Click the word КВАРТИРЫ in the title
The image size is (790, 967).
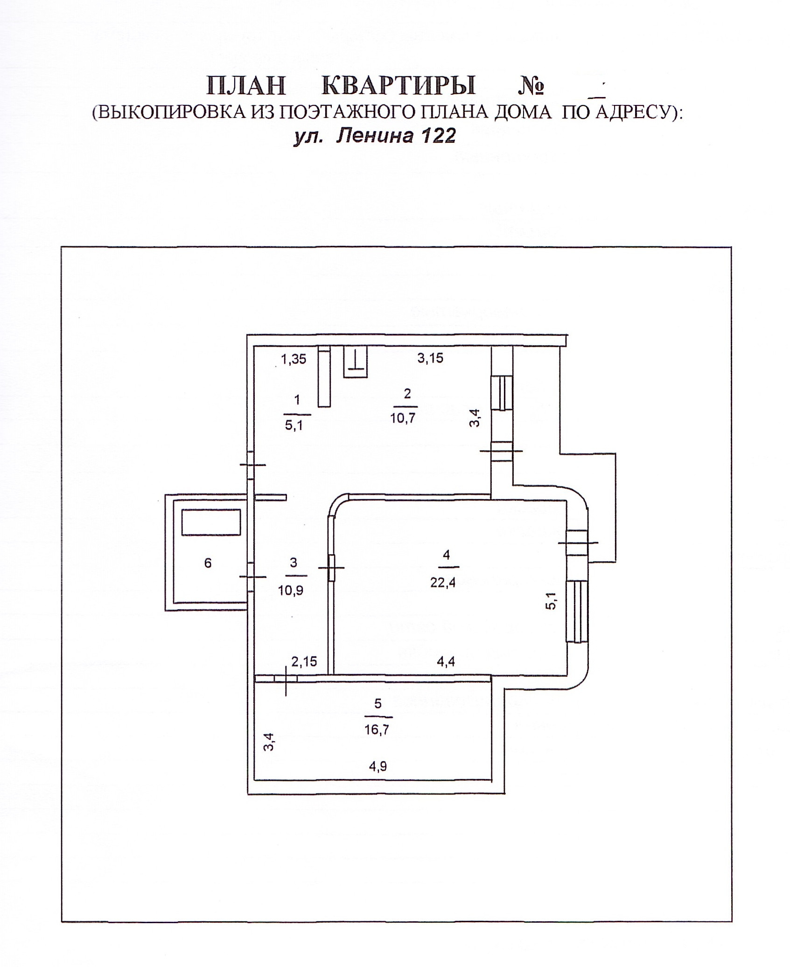coord(399,86)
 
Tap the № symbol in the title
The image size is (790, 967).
coord(531,87)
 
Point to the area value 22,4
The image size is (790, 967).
coord(443,583)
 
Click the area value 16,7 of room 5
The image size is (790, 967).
coord(377,730)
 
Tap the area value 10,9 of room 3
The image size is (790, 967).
coord(291,591)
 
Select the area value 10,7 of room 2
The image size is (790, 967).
coord(403,417)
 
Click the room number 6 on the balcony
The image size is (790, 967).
coord(208,563)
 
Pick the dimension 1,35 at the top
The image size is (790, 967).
coord(294,359)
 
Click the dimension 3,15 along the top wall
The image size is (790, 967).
coord(430,358)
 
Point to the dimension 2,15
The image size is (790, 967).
coord(304,661)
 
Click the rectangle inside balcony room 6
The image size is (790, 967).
coord(211,522)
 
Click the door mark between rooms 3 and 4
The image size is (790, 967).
coord(331,567)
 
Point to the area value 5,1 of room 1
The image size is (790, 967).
coord(294,425)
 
